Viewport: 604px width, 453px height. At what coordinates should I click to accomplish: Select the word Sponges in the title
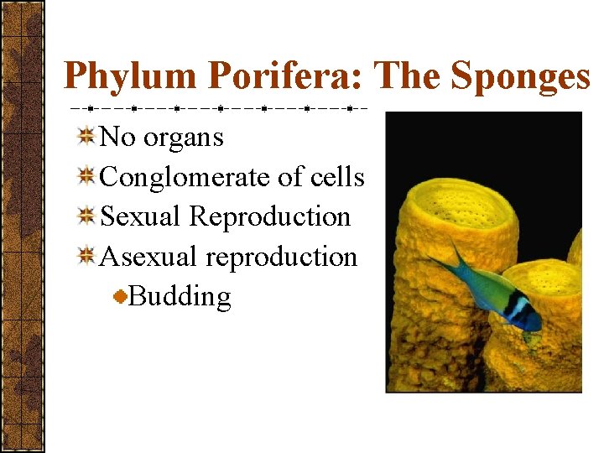pyautogui.click(x=520, y=77)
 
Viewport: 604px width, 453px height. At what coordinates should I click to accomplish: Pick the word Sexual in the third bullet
pyautogui.click(x=141, y=216)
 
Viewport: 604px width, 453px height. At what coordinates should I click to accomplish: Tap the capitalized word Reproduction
pyautogui.click(x=269, y=216)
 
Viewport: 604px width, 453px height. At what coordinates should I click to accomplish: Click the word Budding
pyautogui.click(x=180, y=296)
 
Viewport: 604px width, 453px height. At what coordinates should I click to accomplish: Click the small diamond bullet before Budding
pyautogui.click(x=122, y=296)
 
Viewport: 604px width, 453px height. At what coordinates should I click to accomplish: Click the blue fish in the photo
pyautogui.click(x=495, y=289)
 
